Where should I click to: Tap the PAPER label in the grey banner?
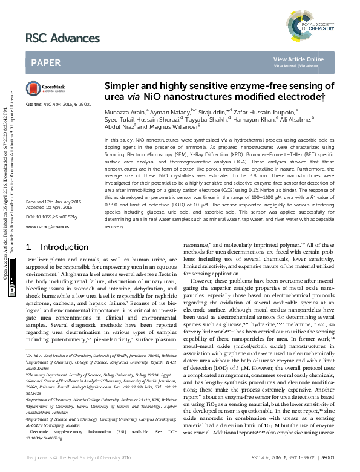tap(46, 62)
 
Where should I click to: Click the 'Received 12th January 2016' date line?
tap(54, 200)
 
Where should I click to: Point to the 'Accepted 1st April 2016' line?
tap(50, 206)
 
